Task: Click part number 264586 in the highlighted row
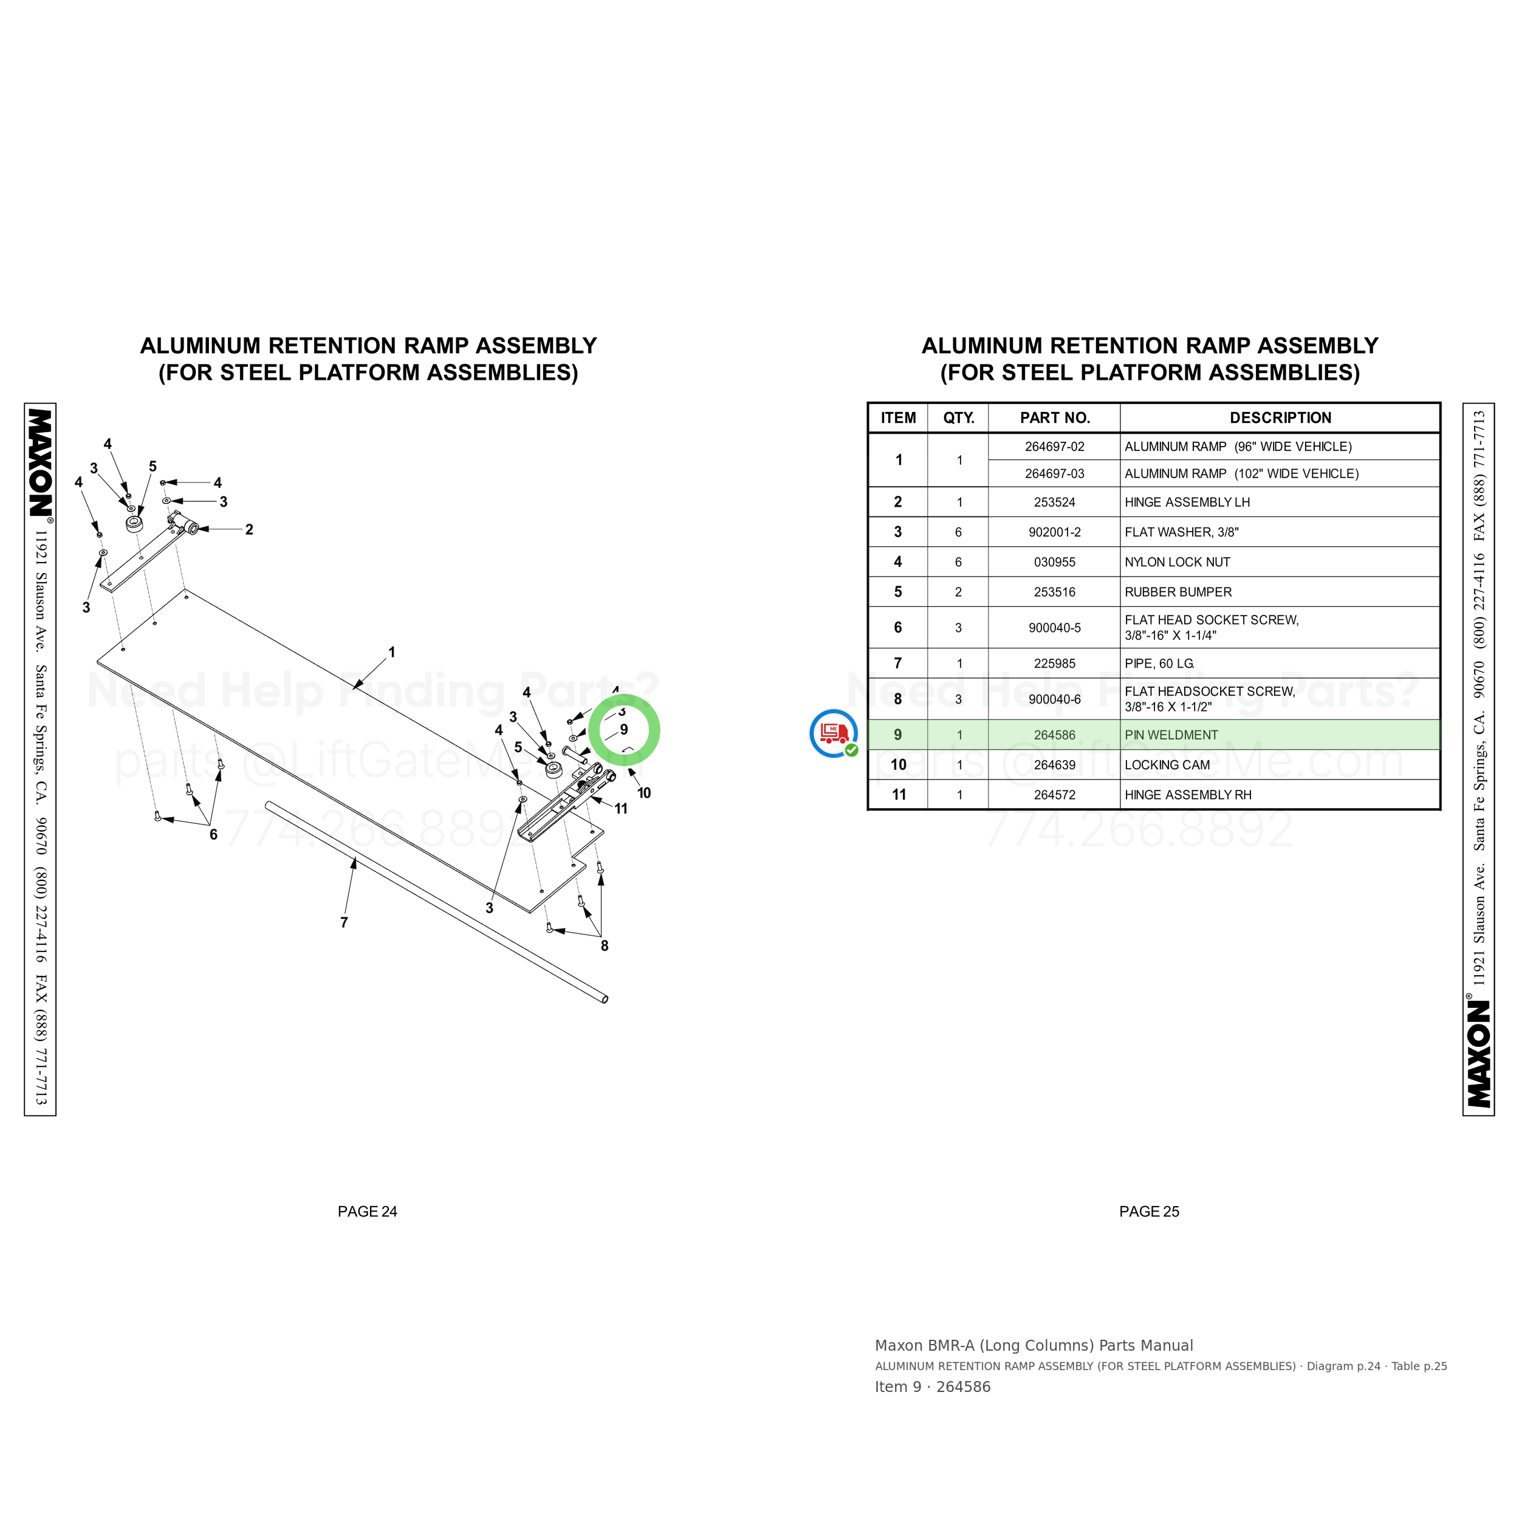pos(1054,735)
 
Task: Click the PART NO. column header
pos(1054,417)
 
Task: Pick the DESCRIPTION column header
pos(1280,417)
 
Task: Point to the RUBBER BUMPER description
pos(1178,592)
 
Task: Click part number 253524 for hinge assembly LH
pos(1054,502)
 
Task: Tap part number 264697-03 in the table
pos(1054,473)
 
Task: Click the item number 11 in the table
pos(899,795)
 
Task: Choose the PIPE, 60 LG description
pos(1159,663)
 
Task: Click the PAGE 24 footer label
pos(367,1212)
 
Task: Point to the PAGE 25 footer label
pos(1149,1212)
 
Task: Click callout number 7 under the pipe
pos(343,922)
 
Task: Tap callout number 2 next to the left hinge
pos(249,529)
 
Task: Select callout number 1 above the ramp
pos(391,652)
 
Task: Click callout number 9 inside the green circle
pos(623,730)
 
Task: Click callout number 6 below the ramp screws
pos(213,834)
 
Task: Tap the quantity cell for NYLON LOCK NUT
pos(958,562)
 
